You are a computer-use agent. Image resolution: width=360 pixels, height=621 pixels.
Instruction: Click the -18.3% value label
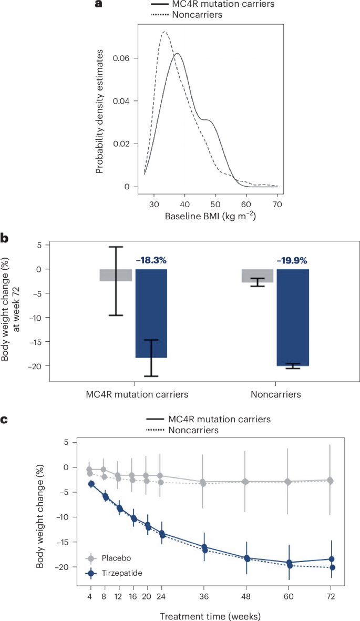point(151,260)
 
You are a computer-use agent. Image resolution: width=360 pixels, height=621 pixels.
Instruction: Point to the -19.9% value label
point(293,260)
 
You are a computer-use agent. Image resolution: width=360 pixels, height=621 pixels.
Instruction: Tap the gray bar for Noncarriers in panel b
point(258,276)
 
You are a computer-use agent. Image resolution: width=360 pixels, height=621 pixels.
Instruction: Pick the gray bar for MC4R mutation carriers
point(116,275)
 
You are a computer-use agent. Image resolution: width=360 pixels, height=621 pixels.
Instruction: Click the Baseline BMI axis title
point(210,216)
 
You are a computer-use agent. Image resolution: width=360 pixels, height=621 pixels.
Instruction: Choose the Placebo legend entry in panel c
point(108,558)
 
